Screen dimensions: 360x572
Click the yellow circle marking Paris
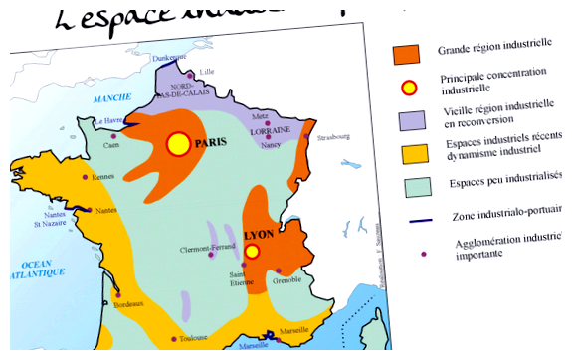click(178, 144)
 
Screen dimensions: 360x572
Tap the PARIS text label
click(211, 142)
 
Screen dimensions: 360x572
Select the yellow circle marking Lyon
click(252, 252)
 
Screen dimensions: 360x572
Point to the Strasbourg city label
click(334, 138)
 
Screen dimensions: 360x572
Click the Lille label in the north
click(207, 72)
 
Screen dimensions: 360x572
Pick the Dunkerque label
click(170, 57)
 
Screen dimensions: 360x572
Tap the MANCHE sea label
click(110, 99)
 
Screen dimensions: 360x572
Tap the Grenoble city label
click(286, 279)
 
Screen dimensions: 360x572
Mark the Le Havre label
click(107, 122)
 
